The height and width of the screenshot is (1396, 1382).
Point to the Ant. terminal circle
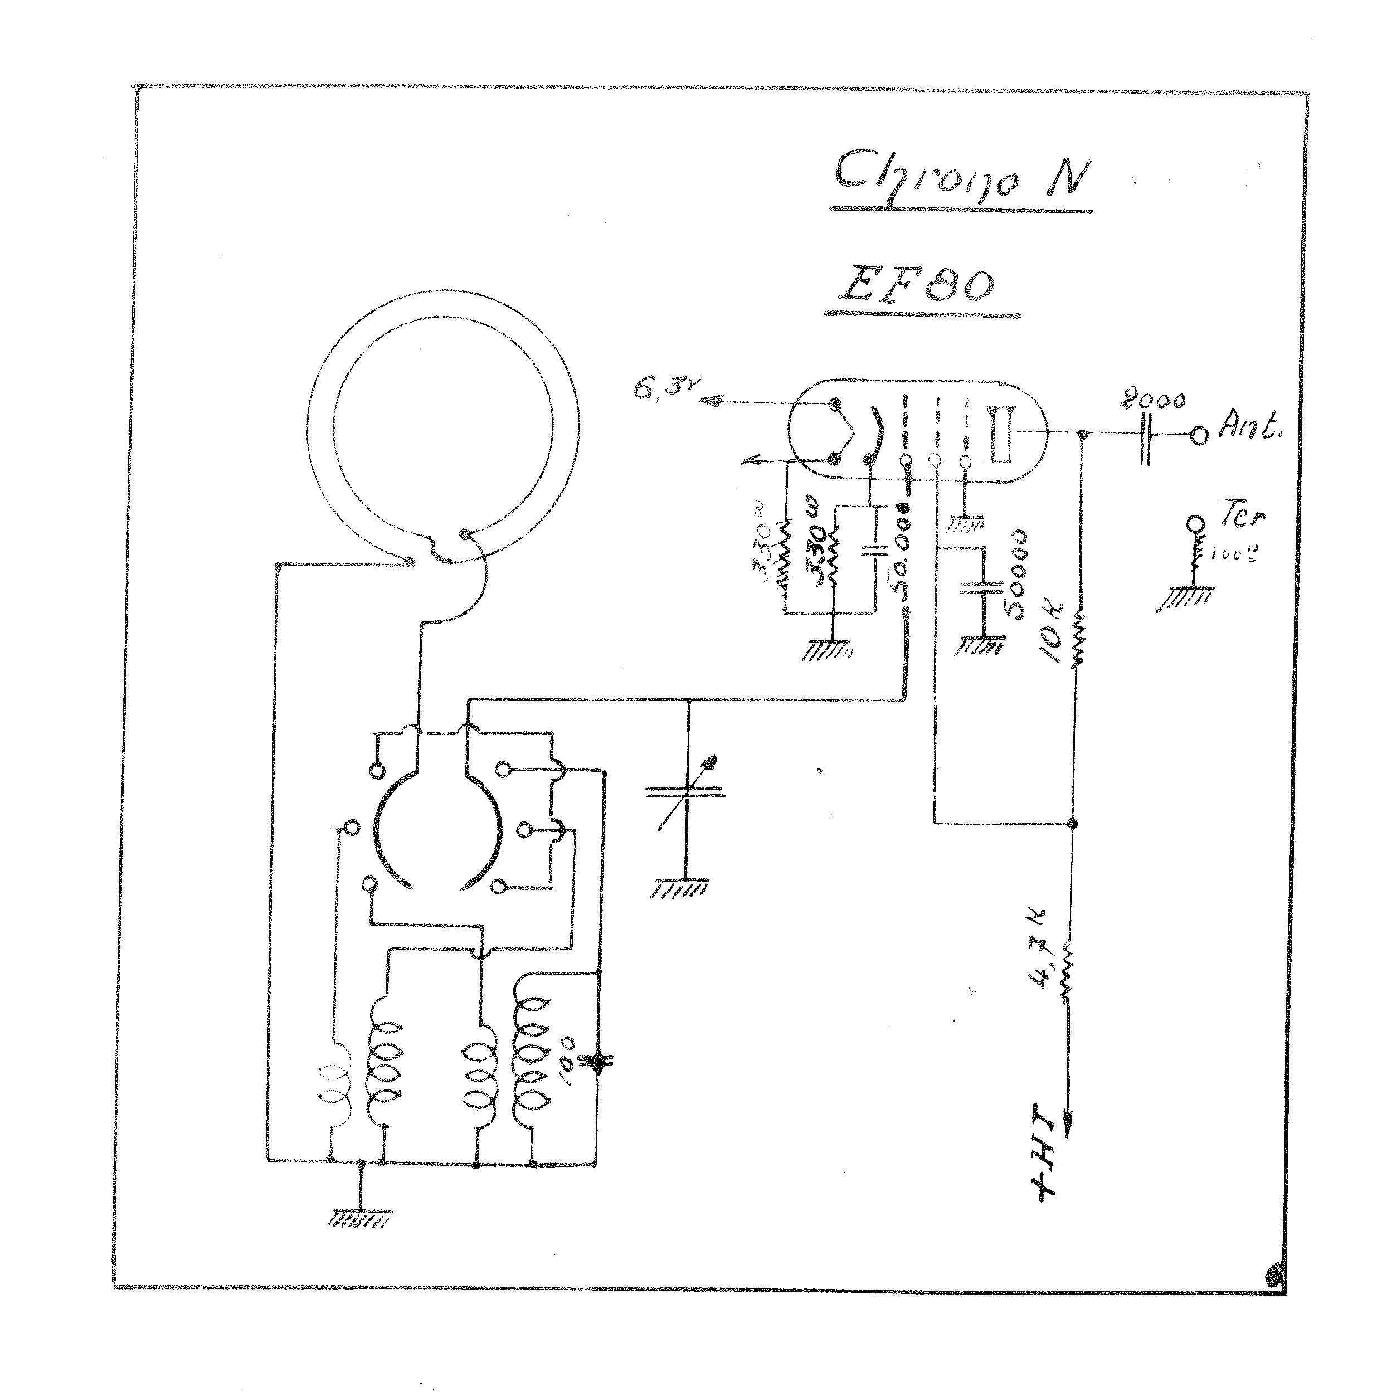point(1199,436)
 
